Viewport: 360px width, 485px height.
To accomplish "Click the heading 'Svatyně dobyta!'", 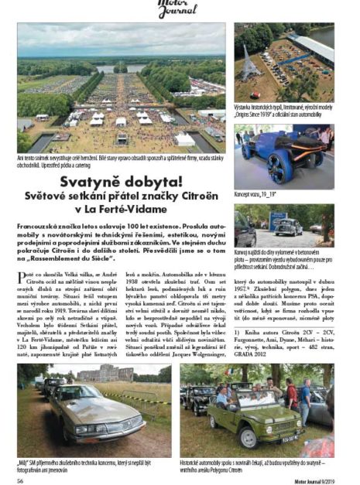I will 123,183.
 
